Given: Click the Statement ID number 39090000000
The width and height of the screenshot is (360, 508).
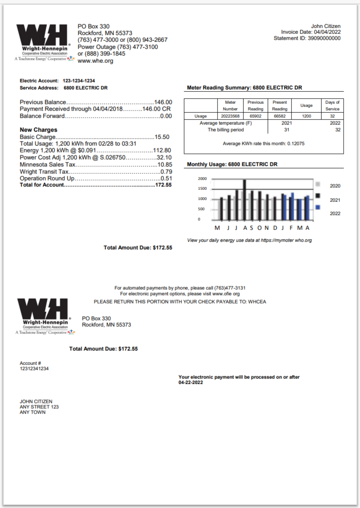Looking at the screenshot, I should pyautogui.click(x=324, y=38).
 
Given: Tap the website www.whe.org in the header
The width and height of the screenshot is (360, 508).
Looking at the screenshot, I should pyautogui.click(x=95, y=61).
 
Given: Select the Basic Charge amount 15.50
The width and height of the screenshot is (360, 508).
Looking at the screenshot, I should pyautogui.click(x=162, y=137).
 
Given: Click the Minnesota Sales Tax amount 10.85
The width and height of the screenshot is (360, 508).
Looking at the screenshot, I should pyautogui.click(x=164, y=165).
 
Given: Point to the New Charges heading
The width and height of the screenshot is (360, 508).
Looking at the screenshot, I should pyautogui.click(x=39, y=130).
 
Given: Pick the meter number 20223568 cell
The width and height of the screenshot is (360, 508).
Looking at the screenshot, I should pyautogui.click(x=230, y=116).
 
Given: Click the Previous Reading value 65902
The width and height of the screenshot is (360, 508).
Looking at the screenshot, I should pyautogui.click(x=255, y=116).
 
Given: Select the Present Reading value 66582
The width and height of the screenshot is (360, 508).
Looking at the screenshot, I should pyautogui.click(x=280, y=116).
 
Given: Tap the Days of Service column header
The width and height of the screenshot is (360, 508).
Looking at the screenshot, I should pyautogui.click(x=332, y=105).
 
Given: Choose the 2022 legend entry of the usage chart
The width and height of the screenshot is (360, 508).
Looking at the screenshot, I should pyautogui.click(x=335, y=213).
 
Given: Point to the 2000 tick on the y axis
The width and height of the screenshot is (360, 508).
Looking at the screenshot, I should pyautogui.click(x=202, y=179).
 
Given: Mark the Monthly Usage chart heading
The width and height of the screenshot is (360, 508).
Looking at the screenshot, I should pyautogui.click(x=232, y=164).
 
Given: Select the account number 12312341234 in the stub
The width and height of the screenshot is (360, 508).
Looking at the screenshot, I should pyautogui.click(x=34, y=369).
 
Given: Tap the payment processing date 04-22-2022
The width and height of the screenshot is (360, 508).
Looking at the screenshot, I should pyautogui.click(x=191, y=383).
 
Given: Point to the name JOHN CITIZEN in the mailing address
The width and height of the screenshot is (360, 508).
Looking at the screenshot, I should pyautogui.click(x=36, y=401).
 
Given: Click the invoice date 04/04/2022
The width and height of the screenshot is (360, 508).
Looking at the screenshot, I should pyautogui.click(x=327, y=33).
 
